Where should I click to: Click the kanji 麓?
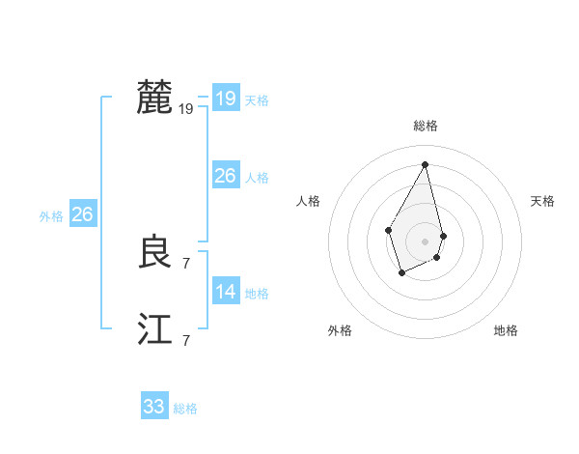click(155, 98)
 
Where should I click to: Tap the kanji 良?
click(155, 253)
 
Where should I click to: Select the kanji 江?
click(155, 329)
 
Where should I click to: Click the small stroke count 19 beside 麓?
click(186, 109)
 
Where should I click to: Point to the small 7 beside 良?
click(186, 263)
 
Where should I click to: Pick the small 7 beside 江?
click(186, 340)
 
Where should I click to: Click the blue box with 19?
click(226, 99)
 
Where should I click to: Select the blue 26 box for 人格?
click(226, 176)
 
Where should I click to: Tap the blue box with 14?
click(226, 292)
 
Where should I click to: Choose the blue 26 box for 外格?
click(83, 214)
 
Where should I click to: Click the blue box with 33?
click(154, 407)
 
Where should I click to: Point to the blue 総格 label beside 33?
click(185, 409)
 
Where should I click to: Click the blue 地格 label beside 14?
click(257, 294)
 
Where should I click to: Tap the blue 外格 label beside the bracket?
click(51, 216)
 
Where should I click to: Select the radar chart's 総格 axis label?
click(426, 126)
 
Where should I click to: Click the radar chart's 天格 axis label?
click(543, 201)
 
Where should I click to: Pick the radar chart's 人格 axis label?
click(309, 201)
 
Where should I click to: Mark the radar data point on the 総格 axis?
click(426, 164)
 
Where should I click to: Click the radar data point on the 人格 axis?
click(388, 229)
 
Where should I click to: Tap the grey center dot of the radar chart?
click(426, 241)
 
